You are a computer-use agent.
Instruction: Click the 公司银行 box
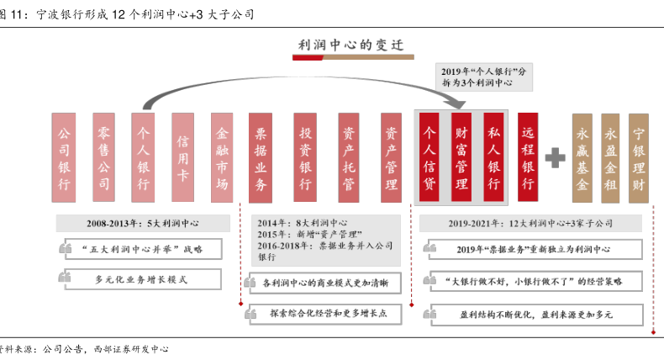tap(64, 157)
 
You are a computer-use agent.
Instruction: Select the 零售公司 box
tap(104, 157)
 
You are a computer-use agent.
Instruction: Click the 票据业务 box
tap(261, 157)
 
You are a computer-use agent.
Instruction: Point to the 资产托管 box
tap(349, 157)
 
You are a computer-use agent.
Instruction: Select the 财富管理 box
tap(461, 157)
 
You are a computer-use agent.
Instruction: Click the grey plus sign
tap(555, 157)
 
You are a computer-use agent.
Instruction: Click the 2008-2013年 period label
tap(143, 224)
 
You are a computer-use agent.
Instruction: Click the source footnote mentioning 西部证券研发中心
tap(84, 347)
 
